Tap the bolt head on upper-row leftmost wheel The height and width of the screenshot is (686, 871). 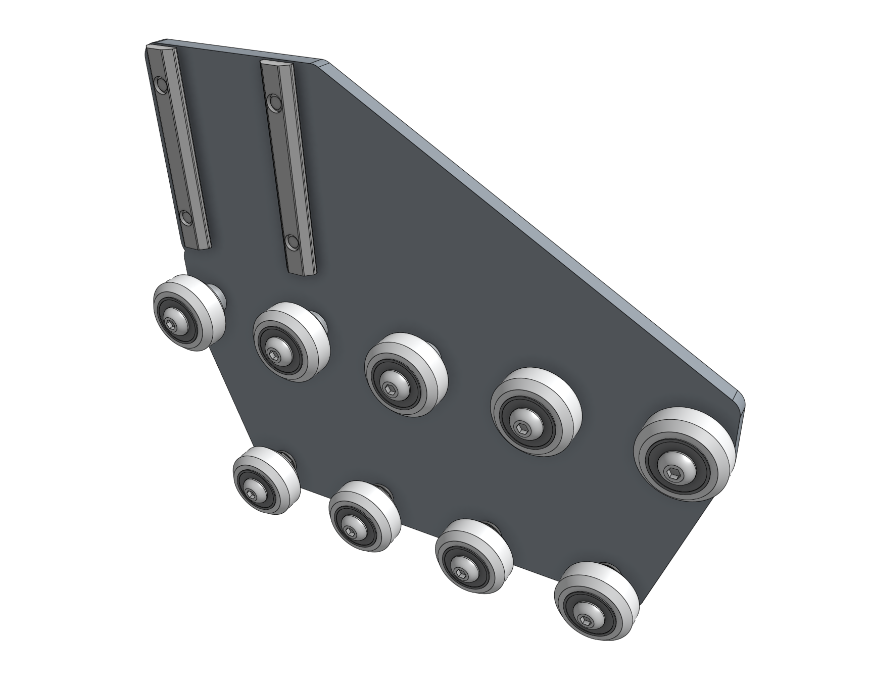tap(173, 326)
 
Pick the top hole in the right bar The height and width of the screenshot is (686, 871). tap(274, 103)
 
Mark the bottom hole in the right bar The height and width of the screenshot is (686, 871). tap(292, 242)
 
